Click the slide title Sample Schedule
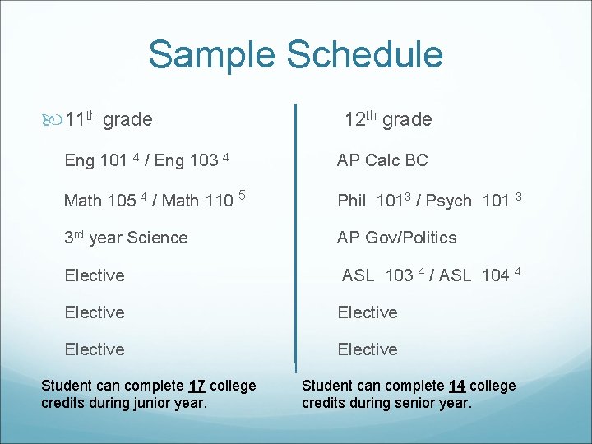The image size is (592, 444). coord(295,54)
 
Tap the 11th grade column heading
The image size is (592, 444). coord(109,119)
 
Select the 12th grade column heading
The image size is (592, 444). coord(387,119)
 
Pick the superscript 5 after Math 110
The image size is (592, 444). coord(243,195)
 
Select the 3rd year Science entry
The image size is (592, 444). coord(126,238)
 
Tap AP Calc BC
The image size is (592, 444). coord(382,160)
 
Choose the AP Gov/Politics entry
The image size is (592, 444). coord(396,238)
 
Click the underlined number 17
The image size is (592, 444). coord(197,386)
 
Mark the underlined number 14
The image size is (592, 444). coord(457,386)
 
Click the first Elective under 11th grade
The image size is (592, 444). coord(95,275)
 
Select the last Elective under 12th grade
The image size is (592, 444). coord(368,349)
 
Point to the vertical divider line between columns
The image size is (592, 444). coord(295,238)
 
